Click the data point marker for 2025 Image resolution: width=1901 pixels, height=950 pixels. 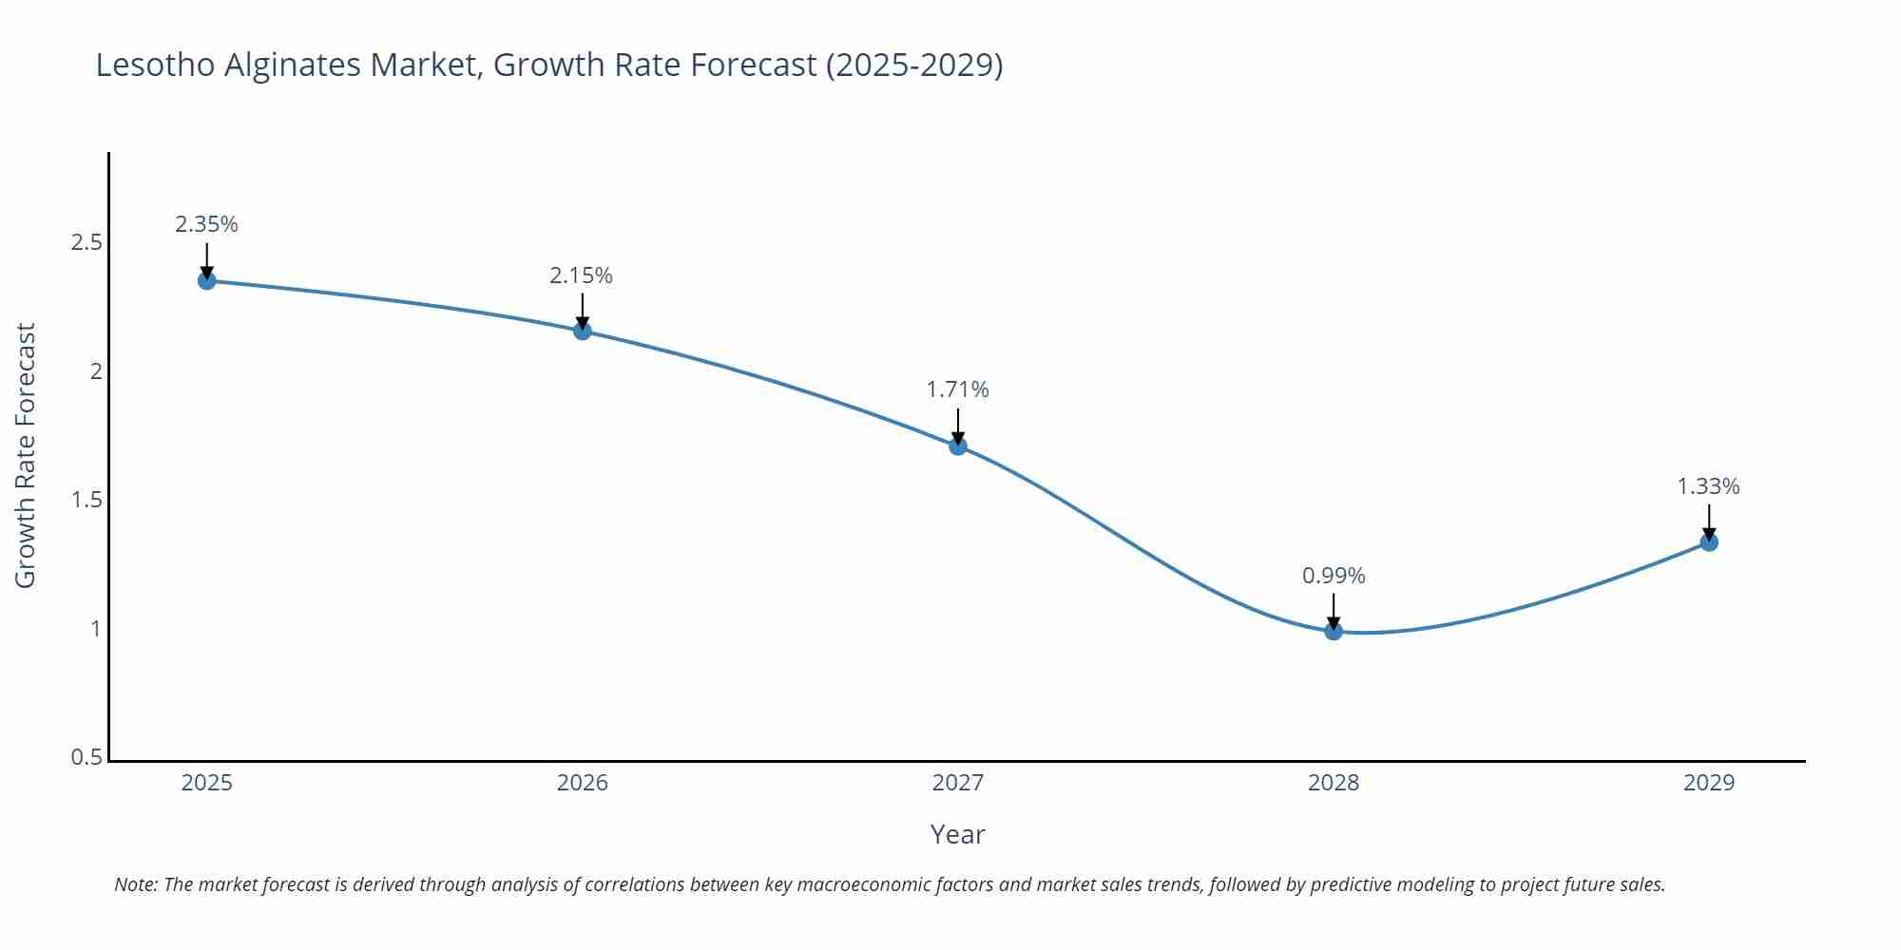click(206, 280)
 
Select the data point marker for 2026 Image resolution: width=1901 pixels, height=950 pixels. click(583, 331)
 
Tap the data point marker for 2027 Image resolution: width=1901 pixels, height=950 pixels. click(958, 446)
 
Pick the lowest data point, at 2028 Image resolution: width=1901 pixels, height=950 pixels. click(1334, 631)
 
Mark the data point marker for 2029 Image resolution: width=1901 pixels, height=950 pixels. click(1709, 542)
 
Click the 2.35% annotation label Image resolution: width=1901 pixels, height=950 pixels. click(206, 224)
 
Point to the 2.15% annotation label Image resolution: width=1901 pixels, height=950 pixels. click(581, 275)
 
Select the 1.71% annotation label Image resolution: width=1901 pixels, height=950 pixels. click(957, 389)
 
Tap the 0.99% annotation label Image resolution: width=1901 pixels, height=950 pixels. click(1334, 576)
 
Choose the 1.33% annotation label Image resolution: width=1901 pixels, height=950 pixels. click(1708, 486)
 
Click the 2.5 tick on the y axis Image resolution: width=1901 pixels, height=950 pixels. click(86, 242)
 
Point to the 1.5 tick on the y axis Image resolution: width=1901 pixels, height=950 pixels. click(86, 500)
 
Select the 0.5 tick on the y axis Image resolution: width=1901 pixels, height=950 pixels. click(86, 757)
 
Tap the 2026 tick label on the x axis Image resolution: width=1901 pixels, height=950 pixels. click(583, 783)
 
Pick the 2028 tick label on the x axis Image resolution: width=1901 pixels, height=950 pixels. click(1334, 783)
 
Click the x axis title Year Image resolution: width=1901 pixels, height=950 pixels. click(957, 834)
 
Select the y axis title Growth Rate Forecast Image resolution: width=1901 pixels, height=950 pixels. click(26, 455)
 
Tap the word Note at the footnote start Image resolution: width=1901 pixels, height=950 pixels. click(136, 884)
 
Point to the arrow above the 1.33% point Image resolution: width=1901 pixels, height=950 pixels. click(1709, 522)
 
